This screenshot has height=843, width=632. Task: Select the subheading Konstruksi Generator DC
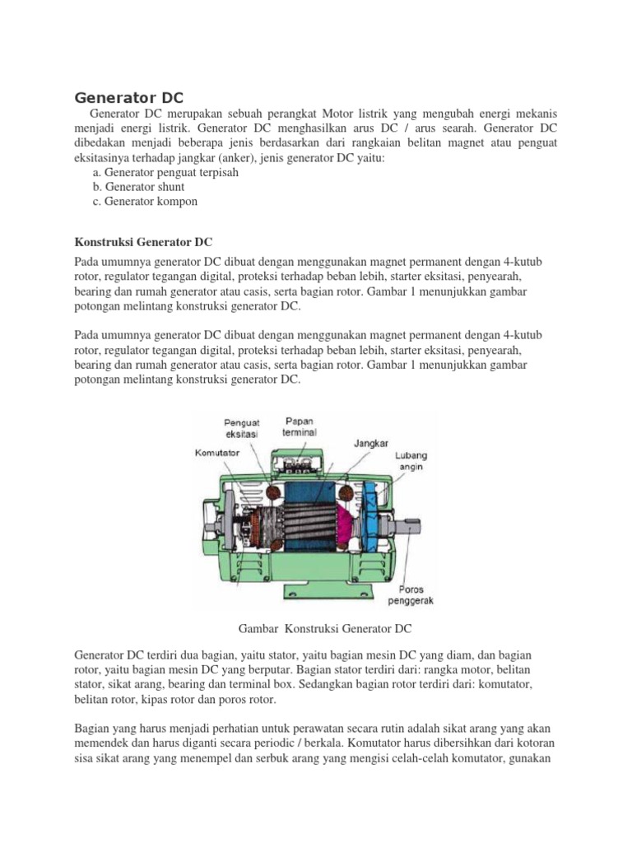coord(144,242)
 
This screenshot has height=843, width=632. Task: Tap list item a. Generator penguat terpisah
coord(157,172)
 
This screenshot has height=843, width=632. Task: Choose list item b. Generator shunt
coord(138,187)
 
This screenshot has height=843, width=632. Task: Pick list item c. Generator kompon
coord(146,201)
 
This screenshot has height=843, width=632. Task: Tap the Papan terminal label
coord(300,426)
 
